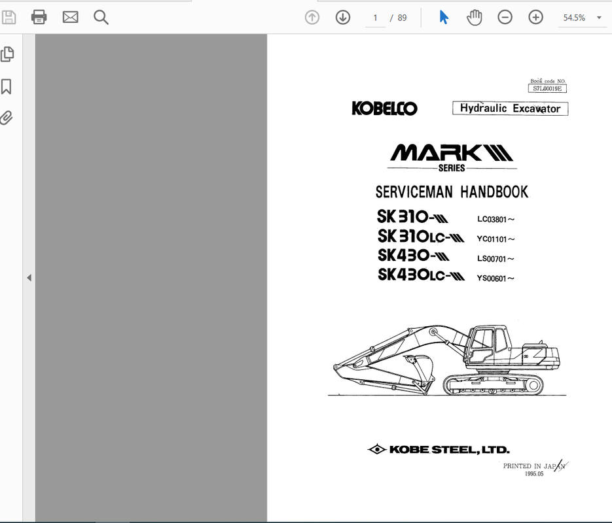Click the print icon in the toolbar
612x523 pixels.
click(x=39, y=17)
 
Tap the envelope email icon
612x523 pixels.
click(x=70, y=17)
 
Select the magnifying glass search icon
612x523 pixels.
click(x=101, y=18)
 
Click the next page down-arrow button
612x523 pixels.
click(x=343, y=18)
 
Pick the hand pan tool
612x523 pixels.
click(x=475, y=18)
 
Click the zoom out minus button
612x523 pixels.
click(x=505, y=18)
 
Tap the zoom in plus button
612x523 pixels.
click(x=535, y=18)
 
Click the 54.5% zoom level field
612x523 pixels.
click(x=574, y=18)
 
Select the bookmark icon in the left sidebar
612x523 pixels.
click(x=7, y=86)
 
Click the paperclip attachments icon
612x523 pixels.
click(x=7, y=117)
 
